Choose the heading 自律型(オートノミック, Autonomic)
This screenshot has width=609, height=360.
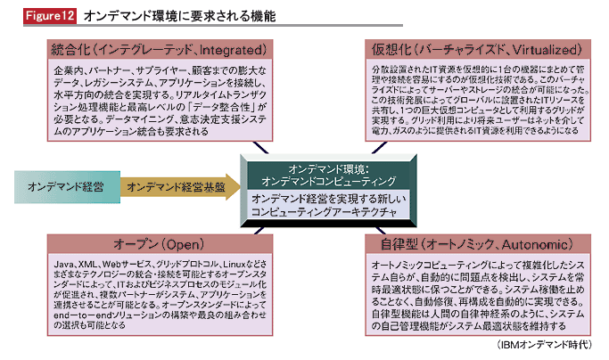[473, 243]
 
